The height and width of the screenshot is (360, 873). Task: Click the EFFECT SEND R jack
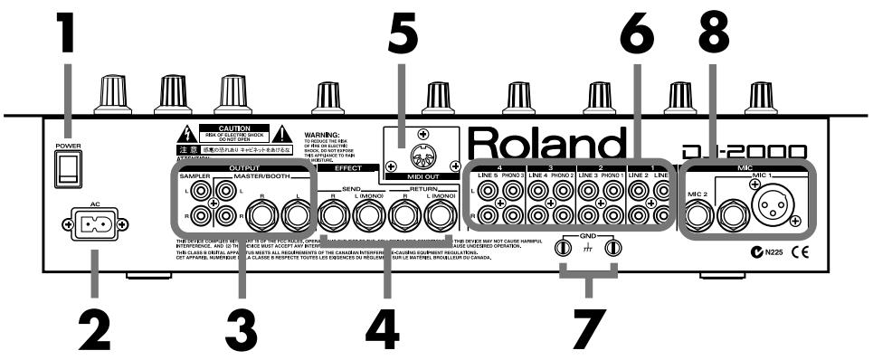click(x=334, y=216)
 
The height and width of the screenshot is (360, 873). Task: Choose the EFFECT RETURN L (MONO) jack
click(x=439, y=216)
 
